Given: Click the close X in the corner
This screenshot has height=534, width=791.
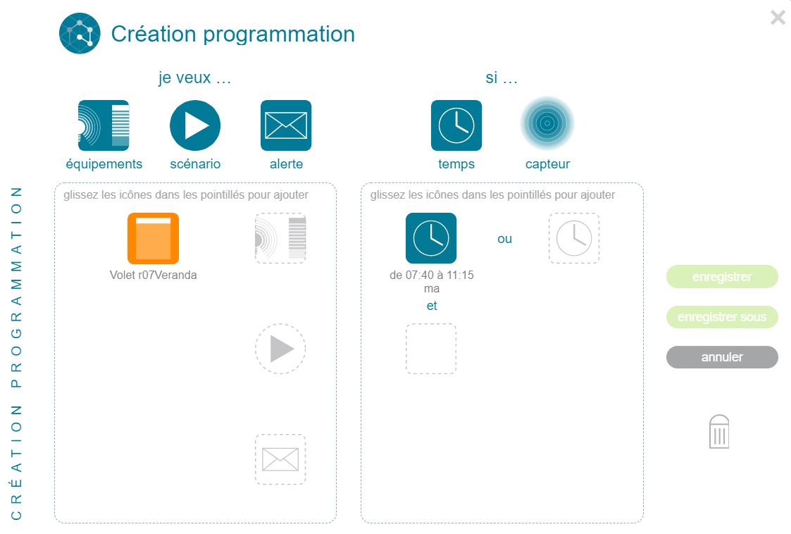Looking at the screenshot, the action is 778,18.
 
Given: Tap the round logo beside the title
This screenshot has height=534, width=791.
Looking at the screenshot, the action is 80,33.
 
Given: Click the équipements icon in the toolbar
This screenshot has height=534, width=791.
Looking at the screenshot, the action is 104,125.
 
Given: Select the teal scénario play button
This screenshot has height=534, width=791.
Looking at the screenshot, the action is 195,125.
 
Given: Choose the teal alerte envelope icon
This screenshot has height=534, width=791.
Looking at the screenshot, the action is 286,125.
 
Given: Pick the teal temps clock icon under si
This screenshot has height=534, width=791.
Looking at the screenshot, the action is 456,125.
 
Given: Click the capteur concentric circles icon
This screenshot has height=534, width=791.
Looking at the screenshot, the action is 547,123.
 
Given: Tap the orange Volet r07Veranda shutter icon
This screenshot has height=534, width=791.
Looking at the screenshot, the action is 154,238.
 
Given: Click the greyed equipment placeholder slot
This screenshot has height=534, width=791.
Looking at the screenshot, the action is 280,238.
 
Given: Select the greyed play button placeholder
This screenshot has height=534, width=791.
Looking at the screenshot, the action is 280,349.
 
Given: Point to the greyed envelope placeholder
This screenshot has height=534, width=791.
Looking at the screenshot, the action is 280,459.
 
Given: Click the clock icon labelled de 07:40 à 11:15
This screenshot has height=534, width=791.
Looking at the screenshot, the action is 431,238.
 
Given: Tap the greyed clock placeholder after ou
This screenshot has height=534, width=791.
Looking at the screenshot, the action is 574,238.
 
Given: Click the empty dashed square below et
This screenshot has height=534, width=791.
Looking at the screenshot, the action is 431,349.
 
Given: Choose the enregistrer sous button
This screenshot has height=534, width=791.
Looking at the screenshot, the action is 722,317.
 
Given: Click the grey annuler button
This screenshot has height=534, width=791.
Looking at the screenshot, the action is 722,357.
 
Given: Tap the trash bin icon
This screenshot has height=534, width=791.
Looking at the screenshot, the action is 719,432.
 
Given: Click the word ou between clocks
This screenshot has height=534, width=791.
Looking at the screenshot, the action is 504,239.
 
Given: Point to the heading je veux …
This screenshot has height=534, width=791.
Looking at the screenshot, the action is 194,77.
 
